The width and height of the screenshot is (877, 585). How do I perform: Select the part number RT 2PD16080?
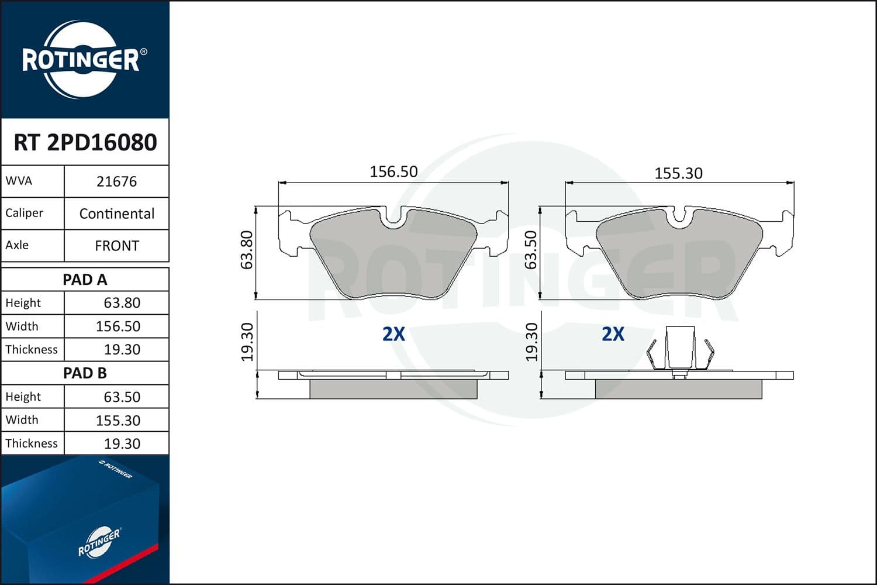tap(85, 143)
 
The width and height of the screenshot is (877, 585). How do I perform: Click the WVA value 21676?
tap(116, 181)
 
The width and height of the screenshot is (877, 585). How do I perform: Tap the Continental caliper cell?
tap(116, 214)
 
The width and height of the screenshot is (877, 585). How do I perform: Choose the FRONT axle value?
tap(116, 246)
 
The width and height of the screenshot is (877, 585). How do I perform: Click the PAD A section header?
tap(85, 280)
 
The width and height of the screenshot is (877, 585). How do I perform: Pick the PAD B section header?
tap(85, 373)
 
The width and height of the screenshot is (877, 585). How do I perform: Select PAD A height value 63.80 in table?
tap(122, 303)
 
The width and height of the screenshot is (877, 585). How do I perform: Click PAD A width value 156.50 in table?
tap(118, 326)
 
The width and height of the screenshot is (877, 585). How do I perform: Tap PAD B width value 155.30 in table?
tap(118, 420)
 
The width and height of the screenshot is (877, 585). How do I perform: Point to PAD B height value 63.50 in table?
tap(122, 397)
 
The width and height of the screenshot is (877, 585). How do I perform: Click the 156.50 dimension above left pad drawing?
tap(393, 171)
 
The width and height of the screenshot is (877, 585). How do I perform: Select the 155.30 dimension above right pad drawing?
tap(678, 173)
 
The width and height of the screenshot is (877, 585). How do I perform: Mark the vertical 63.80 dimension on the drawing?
tap(247, 250)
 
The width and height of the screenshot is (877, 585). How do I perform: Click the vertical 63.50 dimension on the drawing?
tap(531, 250)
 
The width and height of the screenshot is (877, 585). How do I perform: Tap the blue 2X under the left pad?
tap(393, 334)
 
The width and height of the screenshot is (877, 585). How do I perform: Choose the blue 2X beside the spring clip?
tap(613, 334)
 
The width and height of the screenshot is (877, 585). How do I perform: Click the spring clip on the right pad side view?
tap(680, 350)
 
